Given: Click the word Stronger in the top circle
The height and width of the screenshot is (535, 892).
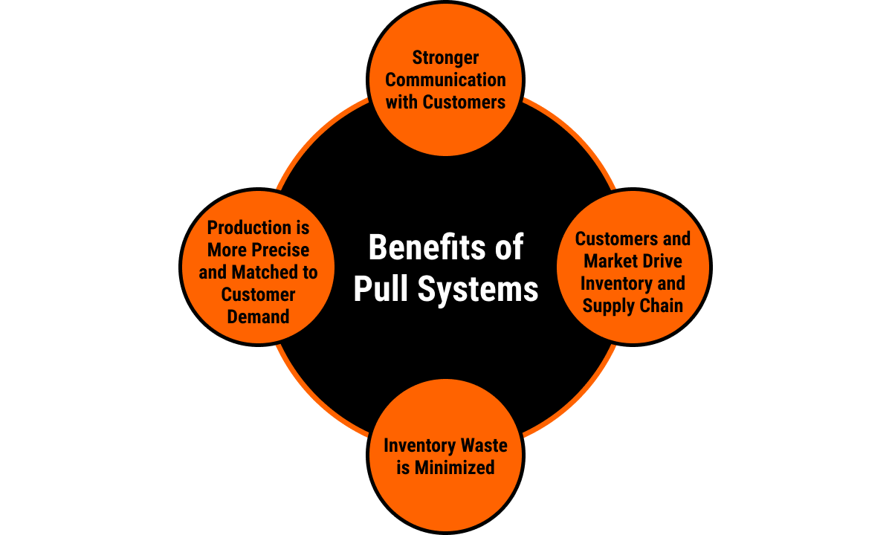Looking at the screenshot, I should [x=445, y=58].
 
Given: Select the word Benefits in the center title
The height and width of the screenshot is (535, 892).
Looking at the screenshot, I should [x=417, y=247].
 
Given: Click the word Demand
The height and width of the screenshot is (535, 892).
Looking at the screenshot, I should [x=258, y=317].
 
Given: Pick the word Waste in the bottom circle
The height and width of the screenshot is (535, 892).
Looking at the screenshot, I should [x=482, y=446].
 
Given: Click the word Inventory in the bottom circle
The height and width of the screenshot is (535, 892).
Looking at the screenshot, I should [x=418, y=446].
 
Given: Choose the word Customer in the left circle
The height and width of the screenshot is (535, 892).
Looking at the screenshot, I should [x=258, y=294].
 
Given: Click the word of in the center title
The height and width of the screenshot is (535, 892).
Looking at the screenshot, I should [x=508, y=247].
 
